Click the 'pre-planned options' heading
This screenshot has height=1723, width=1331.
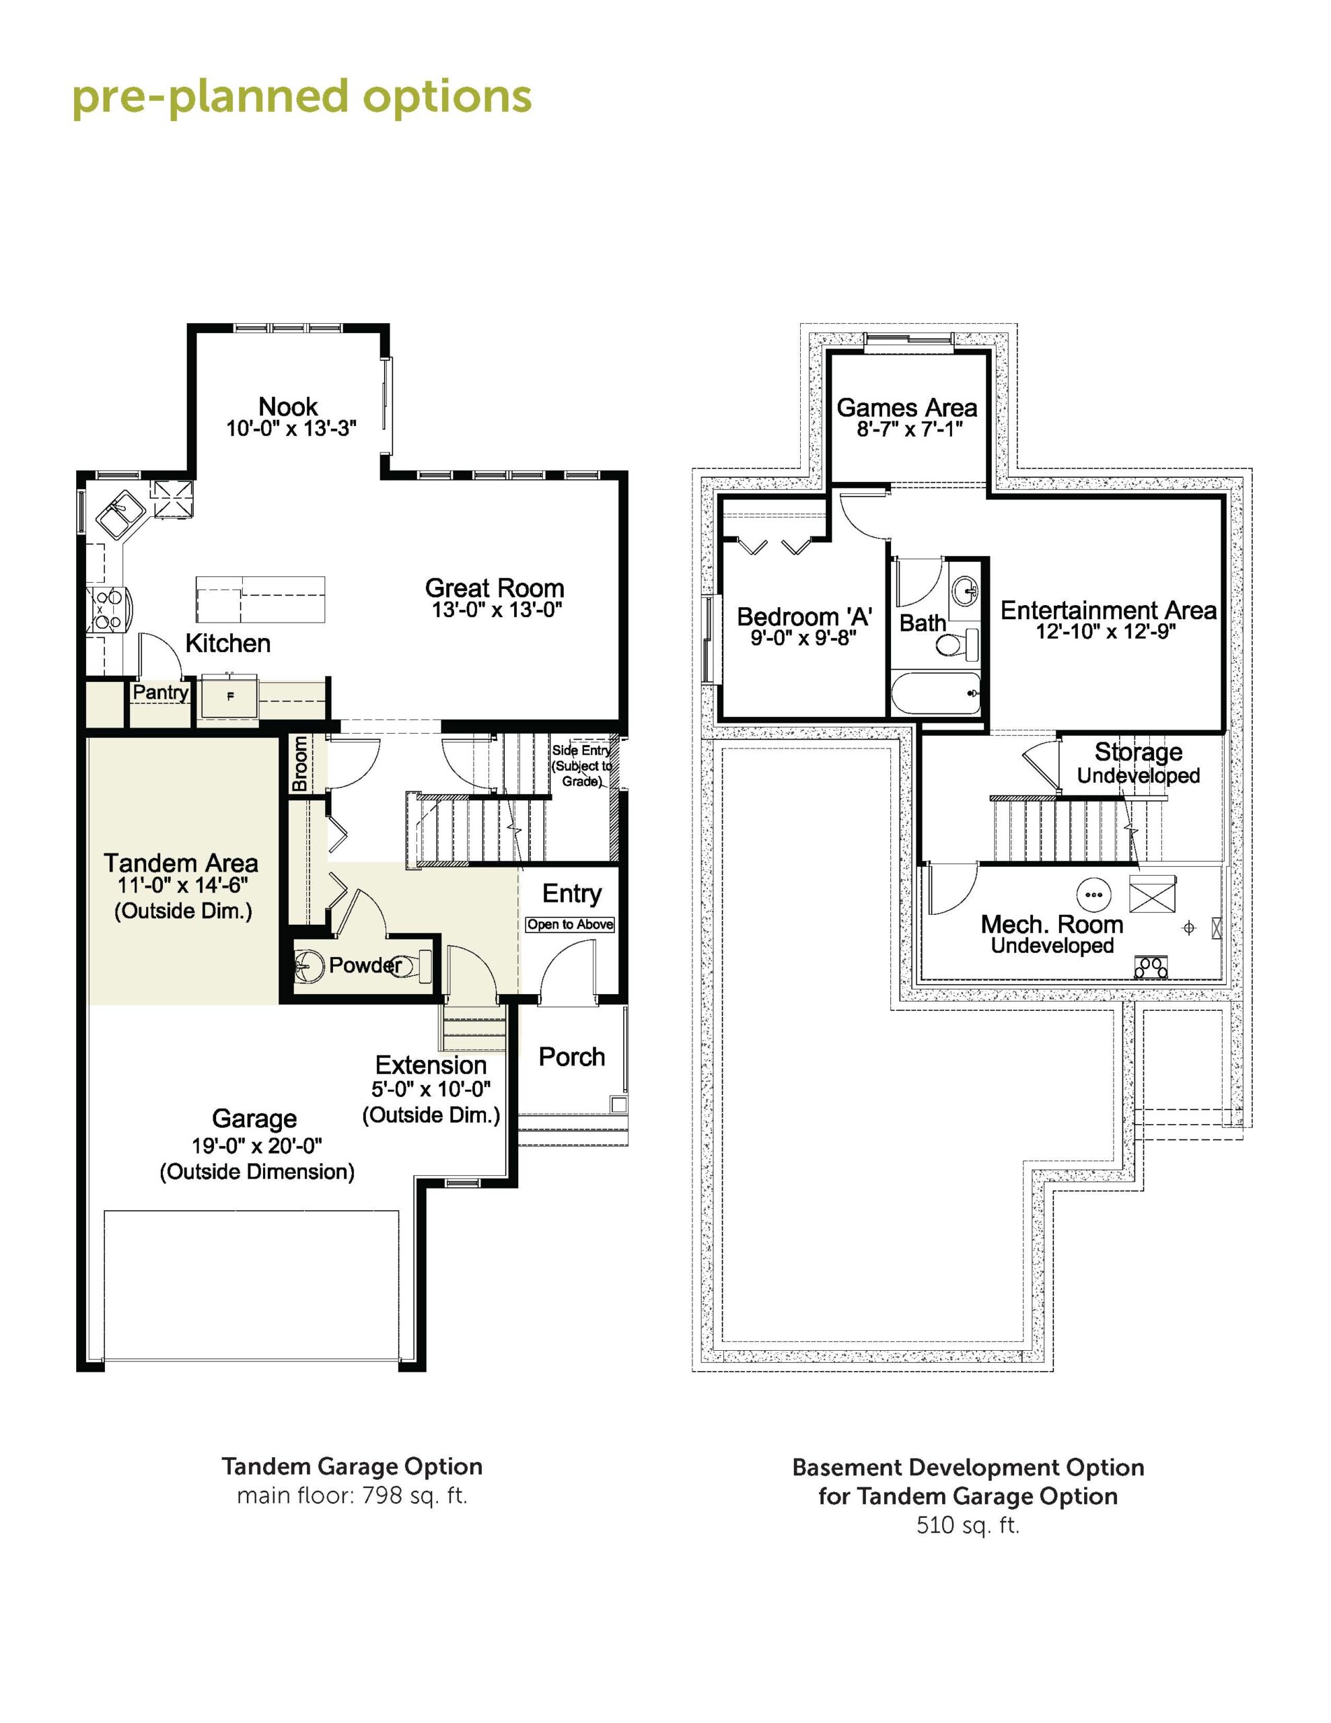(302, 98)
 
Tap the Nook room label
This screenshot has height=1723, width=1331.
(288, 407)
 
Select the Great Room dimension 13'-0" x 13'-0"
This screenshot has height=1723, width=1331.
(496, 610)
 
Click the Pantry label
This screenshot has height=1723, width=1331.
(160, 692)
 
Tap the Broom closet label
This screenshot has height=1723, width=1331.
(300, 764)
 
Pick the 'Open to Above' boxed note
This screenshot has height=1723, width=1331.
(571, 925)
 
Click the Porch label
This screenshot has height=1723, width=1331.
(572, 1057)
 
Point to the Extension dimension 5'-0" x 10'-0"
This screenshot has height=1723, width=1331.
(431, 1090)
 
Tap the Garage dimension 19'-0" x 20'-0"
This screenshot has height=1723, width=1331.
(256, 1146)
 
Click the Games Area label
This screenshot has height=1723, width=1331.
(906, 408)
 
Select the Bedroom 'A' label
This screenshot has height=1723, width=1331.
(804, 617)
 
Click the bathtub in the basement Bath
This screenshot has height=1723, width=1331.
(937, 693)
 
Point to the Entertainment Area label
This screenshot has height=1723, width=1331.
(1108, 610)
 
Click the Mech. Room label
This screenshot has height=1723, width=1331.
(1052, 925)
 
